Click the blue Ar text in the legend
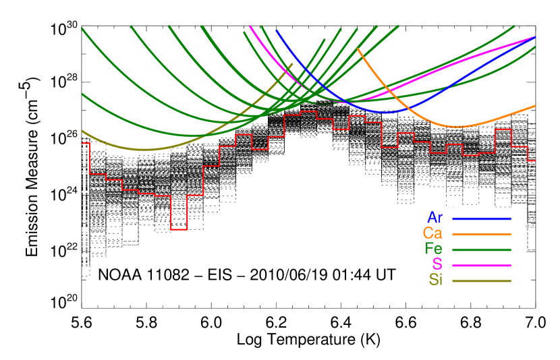(x=435, y=218)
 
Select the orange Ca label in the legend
(x=432, y=233)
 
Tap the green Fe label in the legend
(x=433, y=249)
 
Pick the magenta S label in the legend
(x=437, y=264)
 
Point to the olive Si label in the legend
(x=436, y=280)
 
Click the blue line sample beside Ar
(x=481, y=218)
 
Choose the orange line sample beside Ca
(x=481, y=234)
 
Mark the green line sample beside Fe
(x=481, y=249)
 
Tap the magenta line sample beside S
(x=481, y=265)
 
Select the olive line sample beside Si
(x=481, y=280)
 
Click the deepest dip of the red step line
(x=179, y=229)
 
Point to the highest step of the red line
(x=308, y=112)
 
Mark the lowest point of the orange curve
(x=459, y=127)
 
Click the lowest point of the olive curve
(x=144, y=150)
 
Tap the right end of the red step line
(x=534, y=160)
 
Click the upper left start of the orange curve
(x=358, y=49)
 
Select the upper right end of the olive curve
(x=292, y=64)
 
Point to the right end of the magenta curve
(x=534, y=37)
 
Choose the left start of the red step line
(x=83, y=143)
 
